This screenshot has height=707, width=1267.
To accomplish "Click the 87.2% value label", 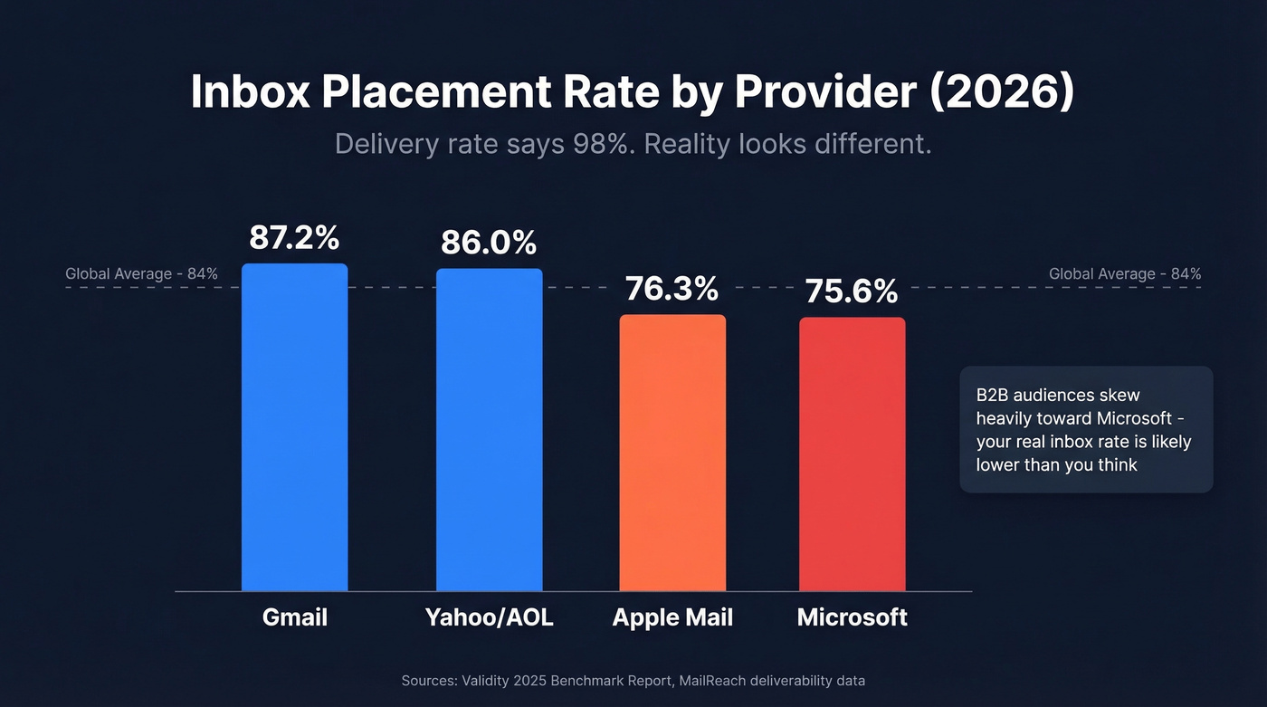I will [x=294, y=238].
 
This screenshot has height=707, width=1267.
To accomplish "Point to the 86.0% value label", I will [x=489, y=243].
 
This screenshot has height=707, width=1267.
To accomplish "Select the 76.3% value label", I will [x=672, y=289].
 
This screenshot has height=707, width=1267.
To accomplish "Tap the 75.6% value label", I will [x=852, y=291].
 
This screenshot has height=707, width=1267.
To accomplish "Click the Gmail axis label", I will [x=294, y=617].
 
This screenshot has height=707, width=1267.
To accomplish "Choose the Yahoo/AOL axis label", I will [x=489, y=617].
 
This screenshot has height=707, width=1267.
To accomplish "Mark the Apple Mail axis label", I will [x=672, y=617].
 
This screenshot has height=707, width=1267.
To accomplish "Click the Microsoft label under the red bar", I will [x=852, y=617].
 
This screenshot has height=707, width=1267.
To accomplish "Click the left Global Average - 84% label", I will [x=141, y=273].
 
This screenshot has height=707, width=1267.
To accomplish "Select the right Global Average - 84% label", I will [x=1125, y=273].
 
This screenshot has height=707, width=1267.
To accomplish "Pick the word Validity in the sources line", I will [x=490, y=680].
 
